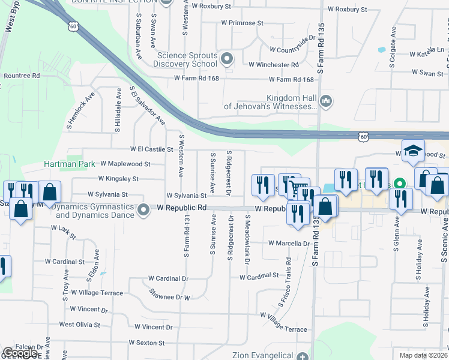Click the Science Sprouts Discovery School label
(x=187, y=59)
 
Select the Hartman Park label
(x=66, y=164)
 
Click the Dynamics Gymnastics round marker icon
(x=143, y=210)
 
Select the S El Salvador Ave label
(x=148, y=105)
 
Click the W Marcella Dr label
(x=288, y=244)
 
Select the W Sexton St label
(x=146, y=343)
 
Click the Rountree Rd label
(x=22, y=76)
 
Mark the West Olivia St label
(x=79, y=324)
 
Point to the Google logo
(x=20, y=353)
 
